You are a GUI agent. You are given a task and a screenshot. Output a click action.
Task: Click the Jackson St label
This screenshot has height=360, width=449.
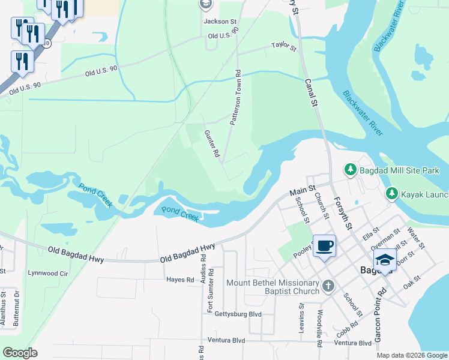point(220,22)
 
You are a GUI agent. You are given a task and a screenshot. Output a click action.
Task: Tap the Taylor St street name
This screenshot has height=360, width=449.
point(284,46)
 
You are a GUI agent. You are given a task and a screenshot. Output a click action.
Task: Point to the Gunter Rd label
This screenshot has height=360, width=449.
point(212,144)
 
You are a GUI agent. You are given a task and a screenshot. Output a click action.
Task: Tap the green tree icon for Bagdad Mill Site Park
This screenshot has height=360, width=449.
point(350,170)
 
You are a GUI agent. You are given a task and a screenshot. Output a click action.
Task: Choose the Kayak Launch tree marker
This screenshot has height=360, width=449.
point(391,193)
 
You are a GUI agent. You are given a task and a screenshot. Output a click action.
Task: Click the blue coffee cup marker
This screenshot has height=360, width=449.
point(324,245)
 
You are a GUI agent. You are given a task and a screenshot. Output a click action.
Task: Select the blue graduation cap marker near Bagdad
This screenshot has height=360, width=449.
point(385,259)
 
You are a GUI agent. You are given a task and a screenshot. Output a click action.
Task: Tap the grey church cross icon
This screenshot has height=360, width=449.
point(328,286)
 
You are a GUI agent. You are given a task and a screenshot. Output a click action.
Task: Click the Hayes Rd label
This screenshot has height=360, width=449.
point(180,280)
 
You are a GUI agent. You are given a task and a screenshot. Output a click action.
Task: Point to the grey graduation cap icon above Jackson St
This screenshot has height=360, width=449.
point(205,5)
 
